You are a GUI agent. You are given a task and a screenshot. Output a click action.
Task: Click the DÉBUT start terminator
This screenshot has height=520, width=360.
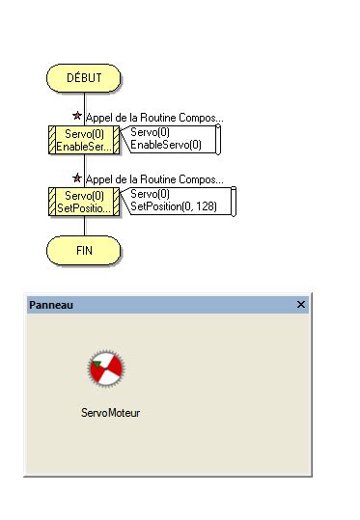pyautogui.click(x=84, y=78)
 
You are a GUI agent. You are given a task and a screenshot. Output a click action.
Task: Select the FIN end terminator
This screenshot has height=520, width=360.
pyautogui.click(x=84, y=250)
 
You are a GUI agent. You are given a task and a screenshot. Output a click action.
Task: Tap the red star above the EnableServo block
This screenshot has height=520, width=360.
pyautogui.click(x=78, y=116)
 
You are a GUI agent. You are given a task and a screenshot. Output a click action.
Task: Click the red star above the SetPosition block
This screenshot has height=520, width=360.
pyautogui.click(x=78, y=178)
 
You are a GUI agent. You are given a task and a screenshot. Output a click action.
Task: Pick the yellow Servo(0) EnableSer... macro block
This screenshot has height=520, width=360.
pyautogui.click(x=84, y=139)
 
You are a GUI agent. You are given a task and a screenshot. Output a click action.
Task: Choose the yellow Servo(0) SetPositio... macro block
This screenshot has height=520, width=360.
pyautogui.click(x=84, y=201)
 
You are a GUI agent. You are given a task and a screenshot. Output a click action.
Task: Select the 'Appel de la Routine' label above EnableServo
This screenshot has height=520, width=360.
pyautogui.click(x=154, y=118)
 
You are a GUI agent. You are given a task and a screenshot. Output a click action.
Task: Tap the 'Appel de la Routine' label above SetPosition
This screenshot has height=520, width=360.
pyautogui.click(x=154, y=179)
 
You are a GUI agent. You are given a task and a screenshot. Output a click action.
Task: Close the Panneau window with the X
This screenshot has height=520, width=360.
pyautogui.click(x=301, y=305)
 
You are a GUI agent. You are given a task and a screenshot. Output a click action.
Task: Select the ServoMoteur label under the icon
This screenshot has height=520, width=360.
pyautogui.click(x=111, y=412)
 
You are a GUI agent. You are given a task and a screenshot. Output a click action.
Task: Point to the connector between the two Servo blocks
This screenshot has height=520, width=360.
pyautogui.click(x=84, y=170)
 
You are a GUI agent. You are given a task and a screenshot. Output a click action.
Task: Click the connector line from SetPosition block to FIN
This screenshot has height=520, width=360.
pyautogui.click(x=84, y=226)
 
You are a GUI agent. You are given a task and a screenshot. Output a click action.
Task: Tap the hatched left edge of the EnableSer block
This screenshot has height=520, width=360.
pyautogui.click(x=51, y=139)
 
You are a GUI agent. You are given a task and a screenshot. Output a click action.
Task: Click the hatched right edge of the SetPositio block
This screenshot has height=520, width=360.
pyautogui.click(x=117, y=201)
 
